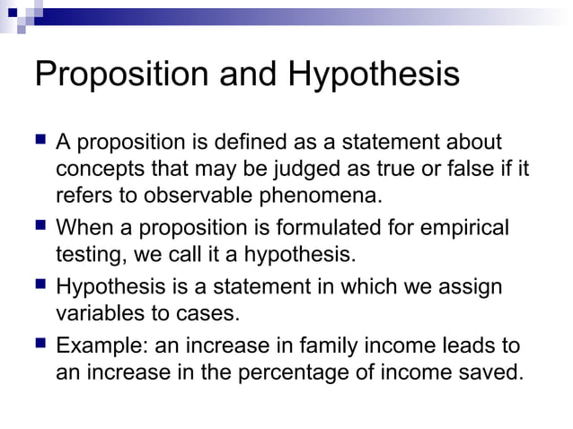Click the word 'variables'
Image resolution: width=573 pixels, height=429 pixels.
click(102, 314)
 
